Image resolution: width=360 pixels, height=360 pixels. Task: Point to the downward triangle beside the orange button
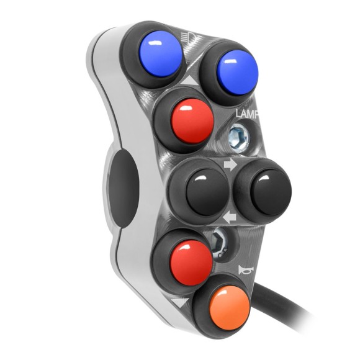pyautogui.click(x=182, y=302)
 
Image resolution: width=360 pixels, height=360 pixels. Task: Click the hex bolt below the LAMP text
pyautogui.click(x=237, y=137)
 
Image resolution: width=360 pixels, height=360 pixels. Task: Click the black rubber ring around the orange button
pyautogui.click(x=200, y=317)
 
